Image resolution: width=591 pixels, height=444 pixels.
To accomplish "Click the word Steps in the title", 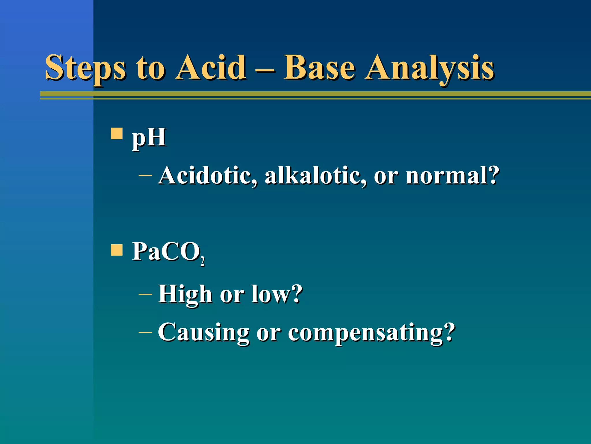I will (x=85, y=68).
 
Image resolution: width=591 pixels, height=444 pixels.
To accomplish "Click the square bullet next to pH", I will (x=117, y=134).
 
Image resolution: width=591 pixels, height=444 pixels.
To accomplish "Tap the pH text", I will (x=149, y=137).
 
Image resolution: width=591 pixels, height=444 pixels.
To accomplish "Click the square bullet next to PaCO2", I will (x=117, y=250).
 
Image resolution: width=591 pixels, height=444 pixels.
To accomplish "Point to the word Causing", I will (x=203, y=332).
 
